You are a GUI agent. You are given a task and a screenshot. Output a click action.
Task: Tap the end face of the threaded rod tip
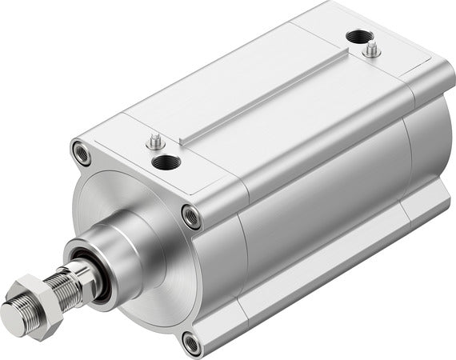(15, 310)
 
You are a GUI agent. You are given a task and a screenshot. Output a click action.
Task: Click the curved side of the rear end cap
(428, 144)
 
